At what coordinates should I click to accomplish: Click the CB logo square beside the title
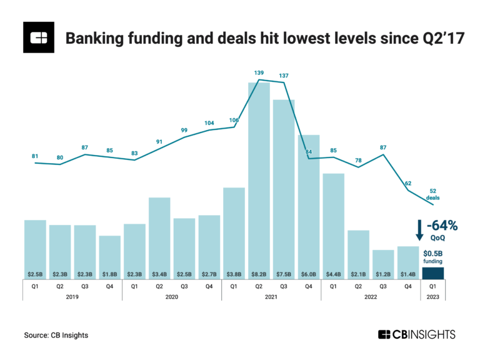coord(39,39)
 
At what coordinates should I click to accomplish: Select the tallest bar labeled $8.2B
coord(259,181)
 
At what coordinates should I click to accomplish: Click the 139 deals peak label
coord(259,73)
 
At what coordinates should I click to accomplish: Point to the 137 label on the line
coord(284,76)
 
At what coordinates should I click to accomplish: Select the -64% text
coord(441,226)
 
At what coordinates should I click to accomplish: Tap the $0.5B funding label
coord(432,257)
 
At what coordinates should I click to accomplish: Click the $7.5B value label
coord(284,274)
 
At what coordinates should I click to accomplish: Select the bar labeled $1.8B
coord(109,257)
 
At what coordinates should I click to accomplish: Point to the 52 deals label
coord(432,194)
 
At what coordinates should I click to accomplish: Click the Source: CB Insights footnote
coord(56,336)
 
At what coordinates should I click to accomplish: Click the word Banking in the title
coord(93,39)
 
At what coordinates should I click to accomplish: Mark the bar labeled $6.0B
coord(309,206)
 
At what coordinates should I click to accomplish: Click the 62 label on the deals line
coord(407,183)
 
